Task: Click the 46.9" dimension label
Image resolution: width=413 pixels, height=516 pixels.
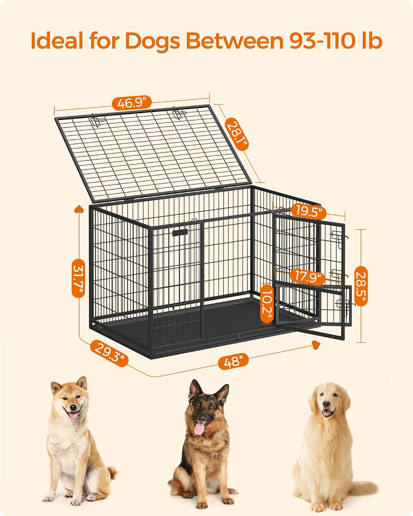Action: coord(132,103)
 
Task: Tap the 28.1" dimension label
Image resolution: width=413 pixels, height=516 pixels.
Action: coord(237,134)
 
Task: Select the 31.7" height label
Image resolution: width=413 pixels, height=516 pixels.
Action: coord(78,278)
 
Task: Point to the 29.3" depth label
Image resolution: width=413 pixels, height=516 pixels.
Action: coord(109,353)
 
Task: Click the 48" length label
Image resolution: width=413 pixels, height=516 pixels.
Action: coord(233,362)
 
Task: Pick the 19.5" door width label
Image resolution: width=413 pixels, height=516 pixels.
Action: coord(308,212)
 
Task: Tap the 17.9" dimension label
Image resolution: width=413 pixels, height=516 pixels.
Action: coord(307,277)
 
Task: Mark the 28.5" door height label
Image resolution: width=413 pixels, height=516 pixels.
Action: coord(361,286)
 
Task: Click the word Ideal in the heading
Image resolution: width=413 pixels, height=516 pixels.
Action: coord(57,41)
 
